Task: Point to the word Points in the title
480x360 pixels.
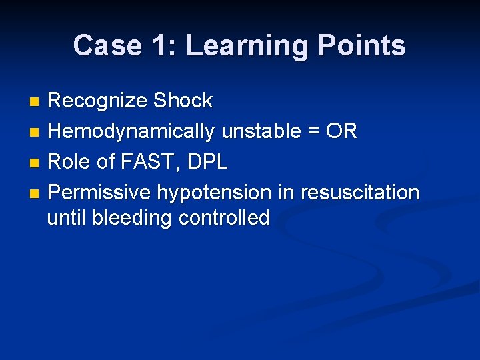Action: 362,46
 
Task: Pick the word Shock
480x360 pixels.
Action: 183,101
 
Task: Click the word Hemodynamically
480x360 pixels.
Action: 131,132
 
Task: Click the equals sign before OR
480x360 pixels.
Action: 311,132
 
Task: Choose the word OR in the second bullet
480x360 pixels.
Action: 341,131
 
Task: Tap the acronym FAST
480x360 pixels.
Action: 146,162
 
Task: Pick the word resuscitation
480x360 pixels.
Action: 360,193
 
